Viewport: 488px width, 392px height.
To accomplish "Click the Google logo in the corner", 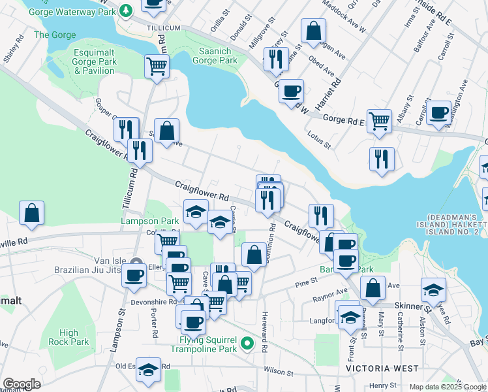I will pyautogui.click(x=22, y=384).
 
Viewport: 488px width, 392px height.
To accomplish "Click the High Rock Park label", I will pyautogui.click(x=69, y=337).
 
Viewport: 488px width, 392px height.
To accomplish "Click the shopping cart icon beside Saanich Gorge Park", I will pyautogui.click(x=157, y=66).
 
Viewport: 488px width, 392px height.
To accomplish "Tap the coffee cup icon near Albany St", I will pyautogui.click(x=439, y=112).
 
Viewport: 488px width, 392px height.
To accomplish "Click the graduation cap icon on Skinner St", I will pyautogui.click(x=433, y=289).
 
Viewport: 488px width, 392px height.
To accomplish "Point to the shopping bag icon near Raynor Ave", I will pyautogui.click(x=373, y=288).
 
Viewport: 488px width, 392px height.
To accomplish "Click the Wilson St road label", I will pyautogui.click(x=279, y=371).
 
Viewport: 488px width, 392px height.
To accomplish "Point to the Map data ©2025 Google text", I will pyautogui.click(x=447, y=387).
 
